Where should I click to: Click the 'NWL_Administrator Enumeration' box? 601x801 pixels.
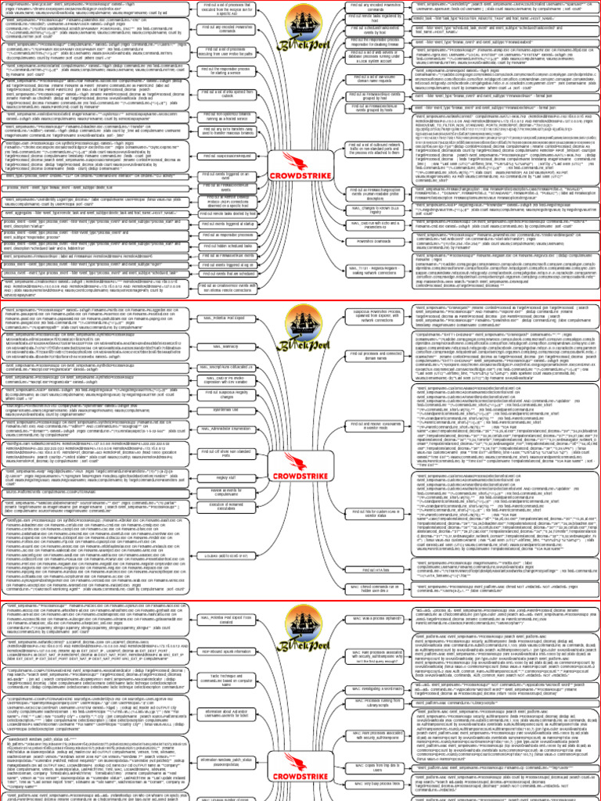point(226,429)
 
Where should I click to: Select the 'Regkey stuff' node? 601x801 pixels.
point(226,476)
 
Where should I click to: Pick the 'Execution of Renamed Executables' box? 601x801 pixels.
point(226,509)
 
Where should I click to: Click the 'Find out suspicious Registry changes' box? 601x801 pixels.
point(226,393)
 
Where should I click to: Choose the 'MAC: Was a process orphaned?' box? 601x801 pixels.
point(374,616)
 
